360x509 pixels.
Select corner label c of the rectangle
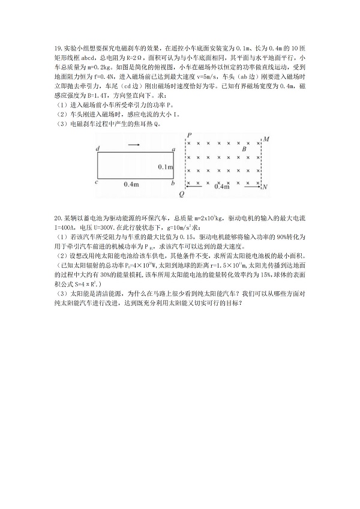pyautogui.click(x=97, y=181)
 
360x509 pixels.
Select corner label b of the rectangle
pyautogui.click(x=173, y=181)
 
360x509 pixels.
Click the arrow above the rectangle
pyautogui.click(x=134, y=144)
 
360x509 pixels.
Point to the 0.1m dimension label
pyautogui.click(x=165, y=166)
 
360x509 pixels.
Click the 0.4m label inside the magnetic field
pyautogui.click(x=222, y=187)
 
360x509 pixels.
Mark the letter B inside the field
pyautogui.click(x=244, y=148)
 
